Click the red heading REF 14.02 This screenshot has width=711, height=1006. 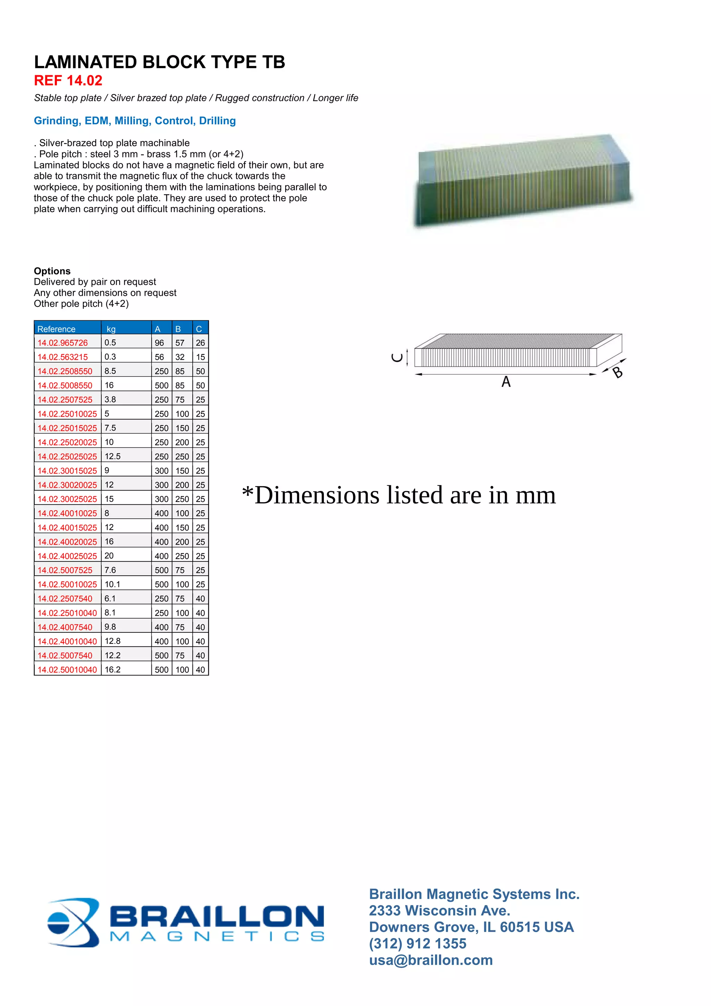(68, 81)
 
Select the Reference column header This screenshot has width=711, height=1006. (57, 329)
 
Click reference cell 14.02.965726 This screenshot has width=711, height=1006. (62, 343)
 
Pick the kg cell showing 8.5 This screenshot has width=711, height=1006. (110, 371)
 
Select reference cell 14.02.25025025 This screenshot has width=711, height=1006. (67, 456)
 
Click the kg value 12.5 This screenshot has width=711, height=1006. (112, 456)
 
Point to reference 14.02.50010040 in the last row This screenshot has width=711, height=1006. (67, 670)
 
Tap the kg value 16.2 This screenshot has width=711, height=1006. (112, 670)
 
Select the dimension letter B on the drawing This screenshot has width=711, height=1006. (617, 372)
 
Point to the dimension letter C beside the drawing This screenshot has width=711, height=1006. (397, 358)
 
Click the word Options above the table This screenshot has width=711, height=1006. (52, 271)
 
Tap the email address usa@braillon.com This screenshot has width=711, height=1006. (430, 959)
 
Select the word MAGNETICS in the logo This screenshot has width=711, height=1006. (217, 936)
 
